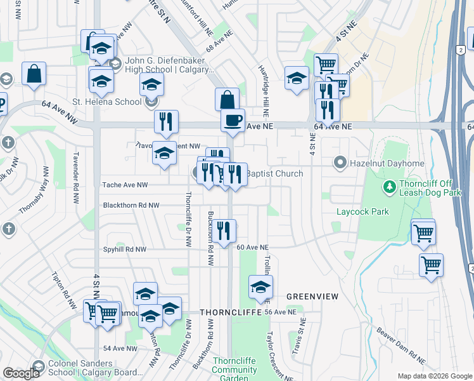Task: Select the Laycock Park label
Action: [362, 211]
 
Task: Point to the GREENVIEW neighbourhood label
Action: [312, 297]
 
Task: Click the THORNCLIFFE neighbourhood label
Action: [230, 313]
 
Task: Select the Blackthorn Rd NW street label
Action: [131, 206]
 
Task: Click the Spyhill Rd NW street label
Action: [124, 250]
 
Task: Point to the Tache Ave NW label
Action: [124, 185]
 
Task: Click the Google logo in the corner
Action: [21, 373]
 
